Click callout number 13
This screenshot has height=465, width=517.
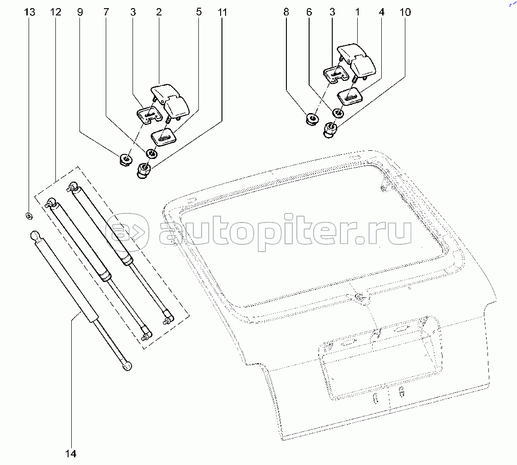coord(29,12)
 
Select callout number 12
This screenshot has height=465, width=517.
coord(55,12)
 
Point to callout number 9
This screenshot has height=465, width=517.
coord(80,12)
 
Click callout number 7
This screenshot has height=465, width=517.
coord(106,12)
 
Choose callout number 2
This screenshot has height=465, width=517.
coord(159,12)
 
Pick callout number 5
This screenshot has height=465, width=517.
coord(199,12)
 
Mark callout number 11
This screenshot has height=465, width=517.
coord(222,12)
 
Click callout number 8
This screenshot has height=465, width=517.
coord(286,12)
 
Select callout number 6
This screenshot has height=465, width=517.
coord(309,12)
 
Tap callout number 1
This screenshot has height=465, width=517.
coord(357,12)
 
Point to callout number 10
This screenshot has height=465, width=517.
coord(405,12)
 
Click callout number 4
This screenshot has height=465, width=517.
coord(381,12)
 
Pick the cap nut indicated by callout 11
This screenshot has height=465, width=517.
coord(143,171)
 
